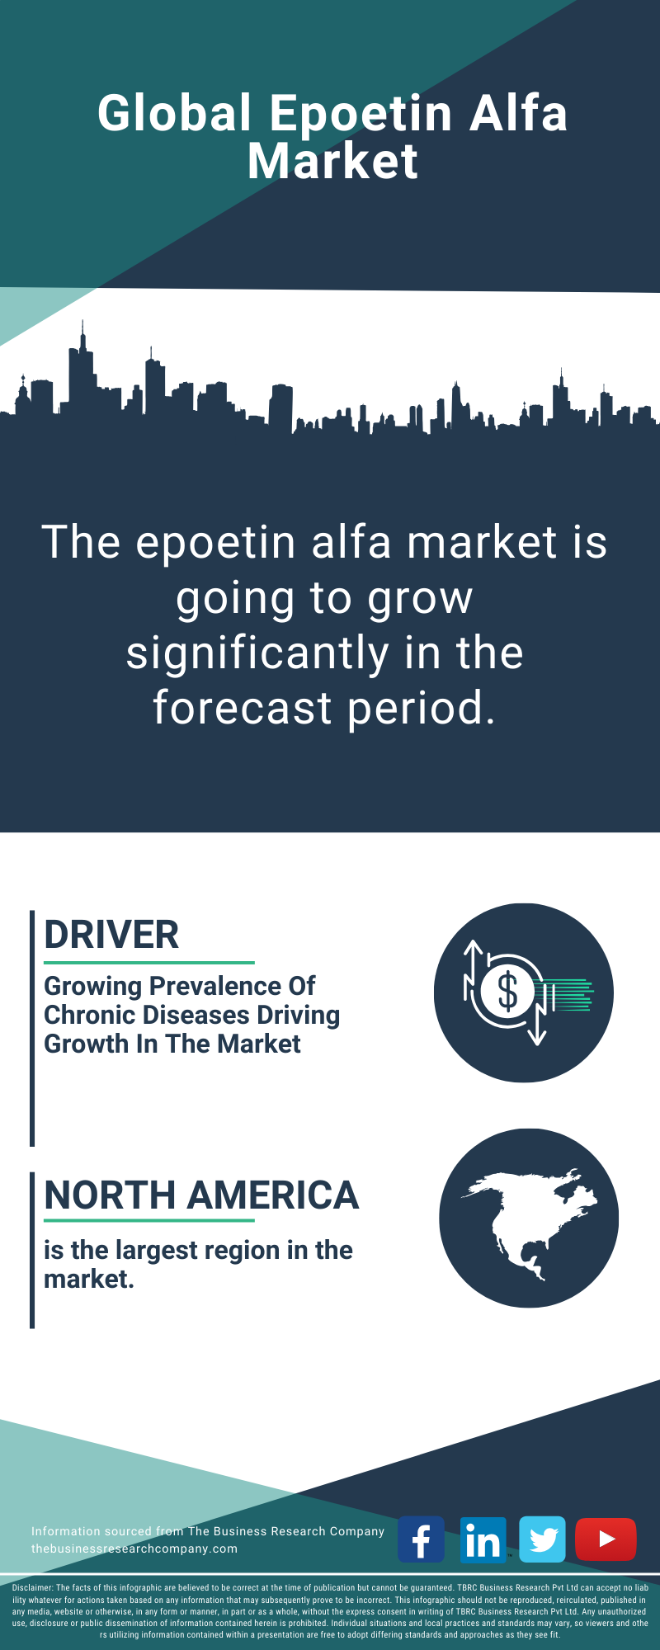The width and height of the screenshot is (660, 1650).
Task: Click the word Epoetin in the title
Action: click(361, 114)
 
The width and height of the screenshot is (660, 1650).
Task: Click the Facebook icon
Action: click(421, 1539)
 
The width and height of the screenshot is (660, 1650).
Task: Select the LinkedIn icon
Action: click(482, 1539)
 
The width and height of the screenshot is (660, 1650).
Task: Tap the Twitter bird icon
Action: click(543, 1539)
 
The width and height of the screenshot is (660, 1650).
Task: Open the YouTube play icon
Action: click(606, 1539)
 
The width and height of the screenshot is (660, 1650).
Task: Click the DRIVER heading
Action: click(111, 935)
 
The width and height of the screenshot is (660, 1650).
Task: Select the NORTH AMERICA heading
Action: click(201, 1195)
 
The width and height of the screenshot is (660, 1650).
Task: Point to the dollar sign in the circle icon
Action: click(507, 992)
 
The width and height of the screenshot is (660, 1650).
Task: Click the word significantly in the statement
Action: click(257, 653)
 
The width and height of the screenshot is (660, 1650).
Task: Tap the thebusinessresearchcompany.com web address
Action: click(134, 1549)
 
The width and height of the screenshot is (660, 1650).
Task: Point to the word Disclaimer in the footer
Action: click(32, 1587)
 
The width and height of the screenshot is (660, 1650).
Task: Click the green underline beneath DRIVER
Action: click(149, 962)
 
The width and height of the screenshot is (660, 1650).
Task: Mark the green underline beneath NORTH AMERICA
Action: click(149, 1220)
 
